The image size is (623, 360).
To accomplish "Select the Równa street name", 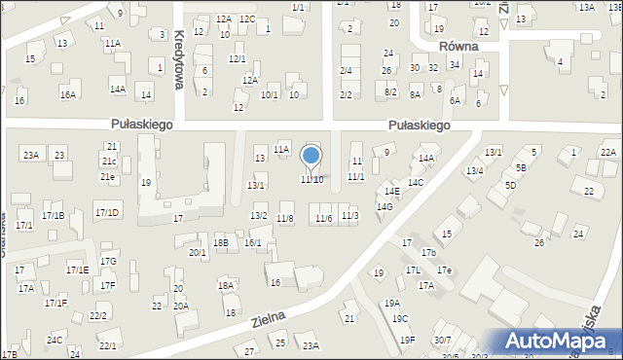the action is point(456,46).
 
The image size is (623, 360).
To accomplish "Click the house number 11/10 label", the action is point(311,180).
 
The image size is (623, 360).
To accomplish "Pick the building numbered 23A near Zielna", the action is point(311,345).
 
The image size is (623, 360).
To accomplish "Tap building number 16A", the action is point(67,94).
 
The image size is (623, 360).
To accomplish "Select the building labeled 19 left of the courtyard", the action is point(145,182).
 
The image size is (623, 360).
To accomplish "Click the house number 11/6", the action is point(323,218).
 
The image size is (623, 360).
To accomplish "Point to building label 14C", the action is point(416,182).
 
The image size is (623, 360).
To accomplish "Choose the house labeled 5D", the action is point(510,185).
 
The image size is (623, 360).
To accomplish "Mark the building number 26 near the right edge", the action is point(539,242).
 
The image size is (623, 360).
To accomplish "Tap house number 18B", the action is point(221,242).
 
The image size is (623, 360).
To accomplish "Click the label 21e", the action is point(107,177).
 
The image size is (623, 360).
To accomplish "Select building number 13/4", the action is point(474,171).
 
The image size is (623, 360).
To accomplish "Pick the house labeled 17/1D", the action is point(107,212).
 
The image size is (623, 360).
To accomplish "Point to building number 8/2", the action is point(390,91).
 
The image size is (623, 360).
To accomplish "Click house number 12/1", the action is point(237,58).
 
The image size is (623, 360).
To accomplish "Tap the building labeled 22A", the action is point(608,152).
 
